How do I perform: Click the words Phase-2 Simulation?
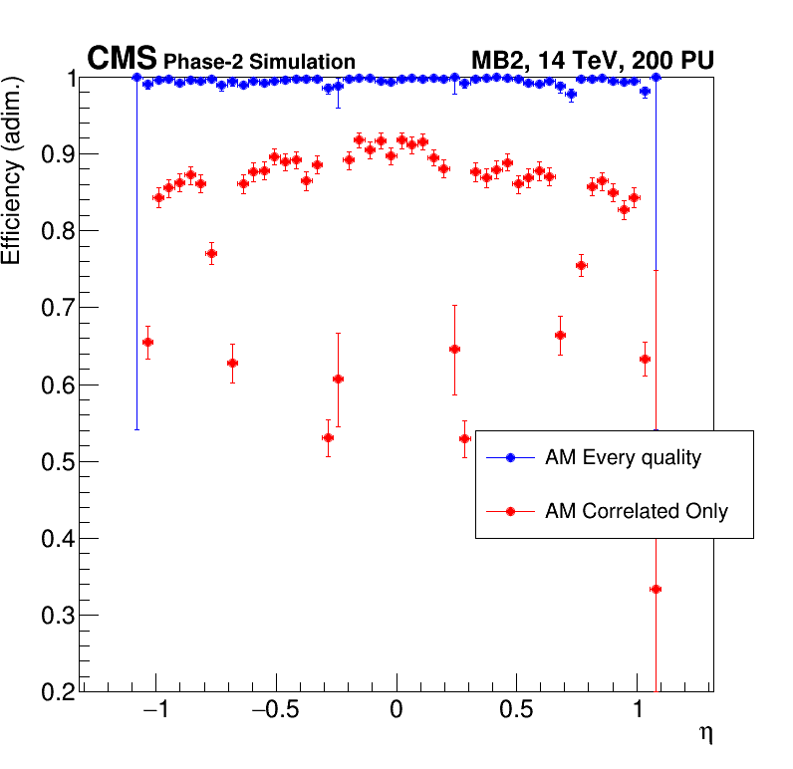(x=259, y=63)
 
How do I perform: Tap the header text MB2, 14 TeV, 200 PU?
(x=592, y=61)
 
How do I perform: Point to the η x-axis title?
(x=705, y=735)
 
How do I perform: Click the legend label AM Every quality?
(x=623, y=458)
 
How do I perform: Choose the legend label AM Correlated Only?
(x=636, y=512)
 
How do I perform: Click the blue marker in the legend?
(x=510, y=458)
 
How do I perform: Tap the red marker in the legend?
(x=510, y=512)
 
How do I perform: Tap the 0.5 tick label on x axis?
(x=517, y=713)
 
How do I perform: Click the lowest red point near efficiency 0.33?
(x=656, y=590)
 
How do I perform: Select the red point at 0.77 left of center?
(x=211, y=254)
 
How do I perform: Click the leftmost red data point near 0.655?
(x=147, y=343)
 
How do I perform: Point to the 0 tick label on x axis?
(x=396, y=713)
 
